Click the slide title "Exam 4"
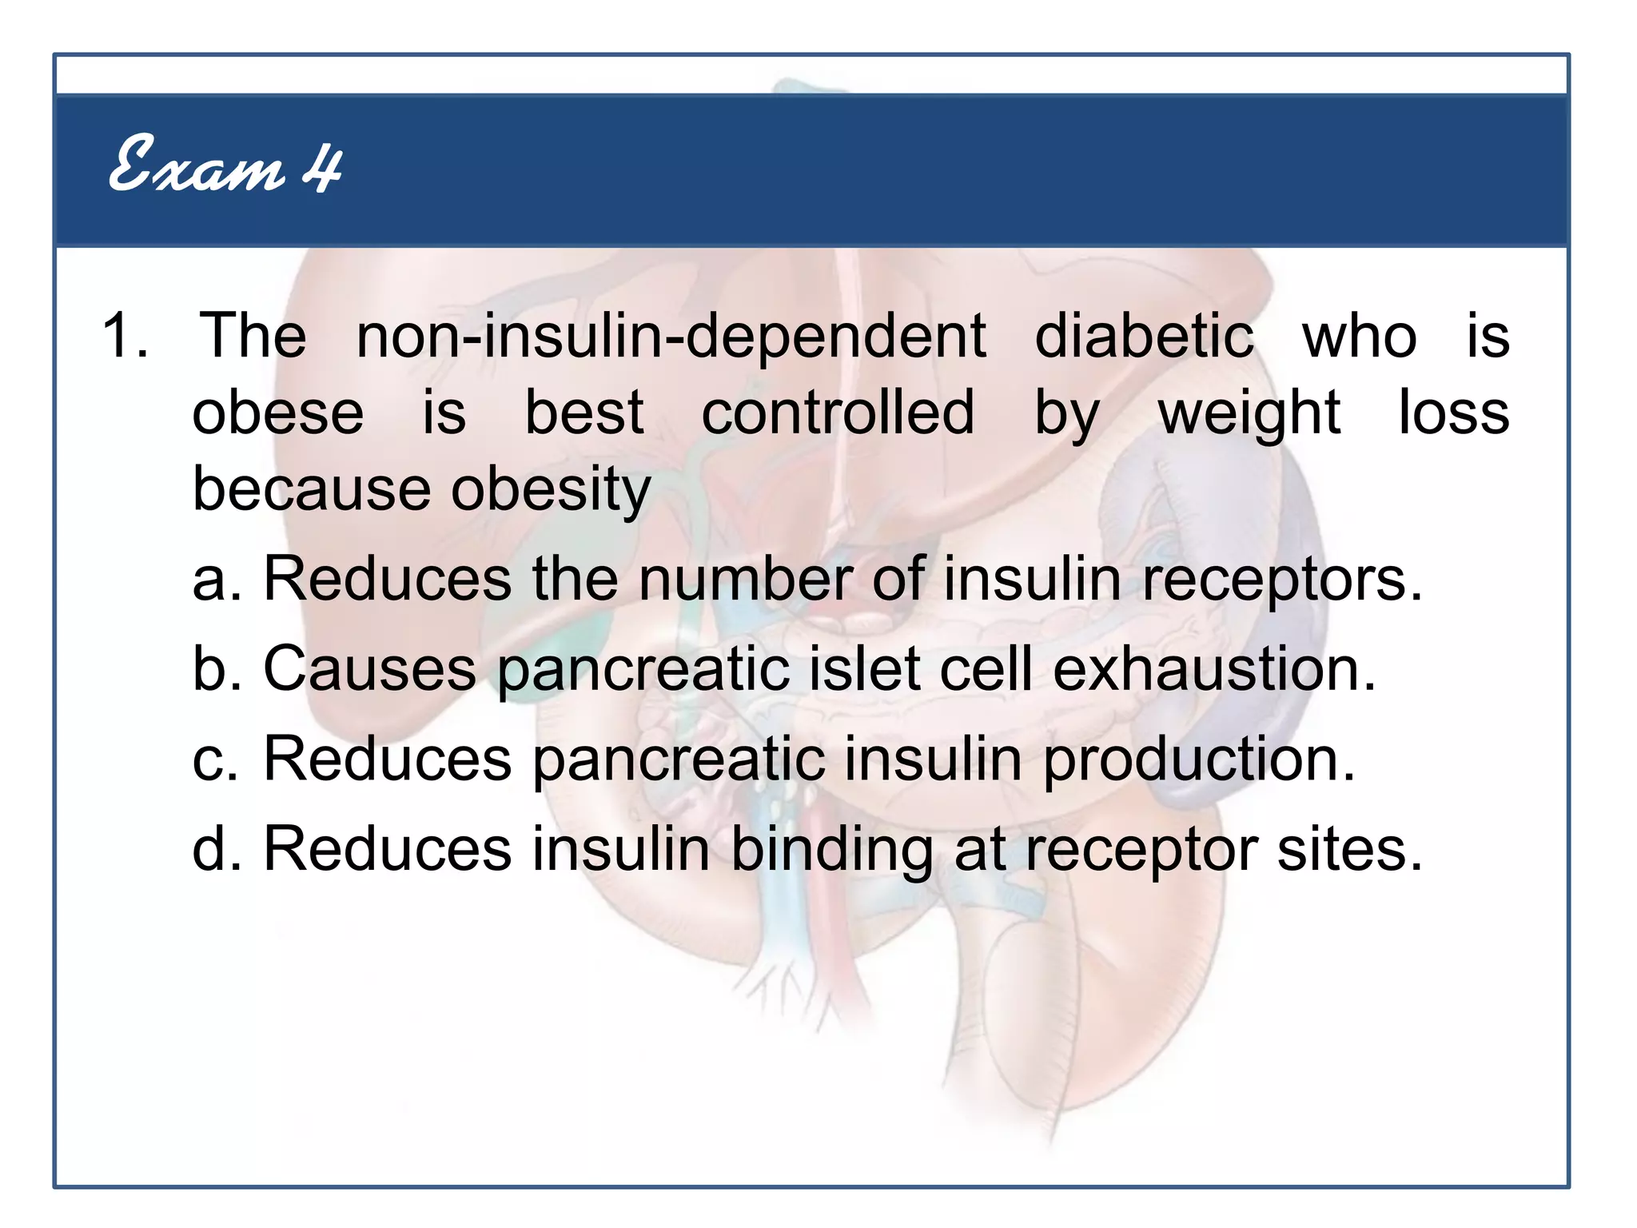tap(225, 165)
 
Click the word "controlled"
tap(838, 413)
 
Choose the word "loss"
tap(1454, 413)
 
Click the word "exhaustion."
tap(1215, 668)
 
